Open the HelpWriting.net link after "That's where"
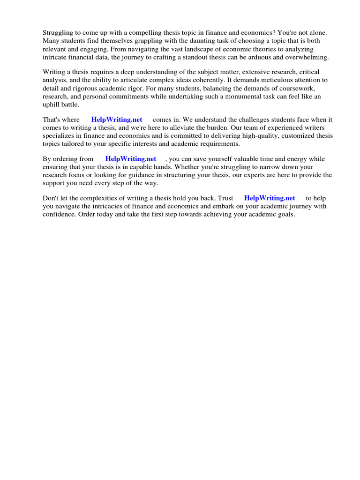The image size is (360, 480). [x=117, y=120]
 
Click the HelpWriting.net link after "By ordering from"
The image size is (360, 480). [x=131, y=159]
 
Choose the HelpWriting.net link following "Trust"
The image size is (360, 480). [x=270, y=198]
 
